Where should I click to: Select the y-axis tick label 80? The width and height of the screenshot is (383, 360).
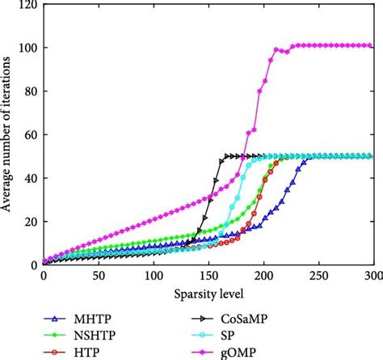click(x=28, y=91)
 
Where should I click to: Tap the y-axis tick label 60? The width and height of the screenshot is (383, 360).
click(x=28, y=134)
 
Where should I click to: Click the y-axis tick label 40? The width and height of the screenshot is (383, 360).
click(x=28, y=178)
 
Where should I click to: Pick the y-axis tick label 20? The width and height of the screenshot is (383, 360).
click(x=28, y=221)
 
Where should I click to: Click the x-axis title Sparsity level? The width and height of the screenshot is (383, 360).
click(x=208, y=291)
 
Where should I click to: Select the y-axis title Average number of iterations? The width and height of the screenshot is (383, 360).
click(x=7, y=133)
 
